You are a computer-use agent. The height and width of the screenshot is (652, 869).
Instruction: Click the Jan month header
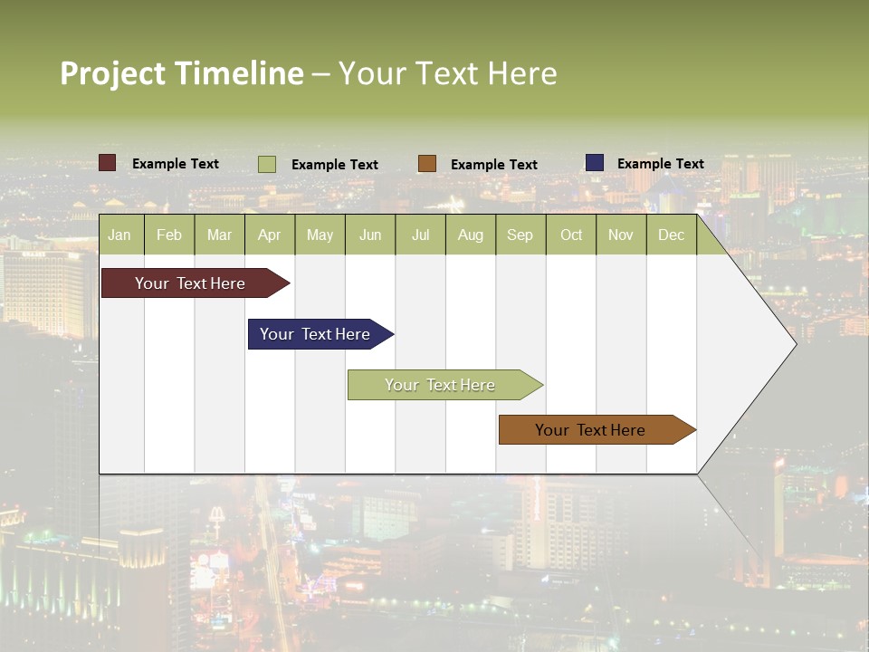pos(120,235)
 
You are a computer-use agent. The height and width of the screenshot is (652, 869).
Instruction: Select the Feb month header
pos(169,235)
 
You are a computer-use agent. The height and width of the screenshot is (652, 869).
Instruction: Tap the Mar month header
pos(219,235)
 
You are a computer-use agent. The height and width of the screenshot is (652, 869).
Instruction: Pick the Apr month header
pos(270,235)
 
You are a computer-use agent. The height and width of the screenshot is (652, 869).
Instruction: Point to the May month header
pos(320,235)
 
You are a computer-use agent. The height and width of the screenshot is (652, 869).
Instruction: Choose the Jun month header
pos(370,235)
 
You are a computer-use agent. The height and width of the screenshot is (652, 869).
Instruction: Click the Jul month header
pos(420,235)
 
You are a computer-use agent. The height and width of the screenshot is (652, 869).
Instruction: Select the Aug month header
pos(471,235)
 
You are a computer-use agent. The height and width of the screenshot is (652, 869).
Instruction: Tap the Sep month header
pos(520,235)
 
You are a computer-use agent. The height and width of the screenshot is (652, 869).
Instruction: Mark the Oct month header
pos(571,235)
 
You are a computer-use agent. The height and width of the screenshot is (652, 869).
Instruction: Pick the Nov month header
pos(621,235)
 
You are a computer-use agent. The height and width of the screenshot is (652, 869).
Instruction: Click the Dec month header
pos(672,235)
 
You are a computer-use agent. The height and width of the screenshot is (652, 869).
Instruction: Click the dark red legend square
pos(108,163)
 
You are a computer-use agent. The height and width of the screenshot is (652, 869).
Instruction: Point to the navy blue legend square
pos(595,163)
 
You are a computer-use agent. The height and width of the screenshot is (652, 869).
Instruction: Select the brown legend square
pos(427,164)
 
